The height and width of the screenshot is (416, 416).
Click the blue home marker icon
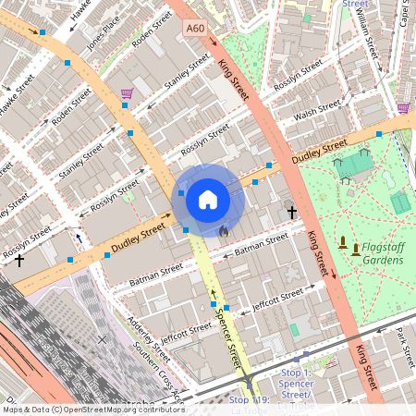[208, 199]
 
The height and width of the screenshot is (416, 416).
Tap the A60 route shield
[194, 30]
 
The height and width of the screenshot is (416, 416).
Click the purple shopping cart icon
[126, 93]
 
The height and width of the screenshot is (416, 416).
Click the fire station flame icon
[222, 228]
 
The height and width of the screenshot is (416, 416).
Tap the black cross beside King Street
[291, 213]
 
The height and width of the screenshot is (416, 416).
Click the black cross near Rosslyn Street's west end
[19, 261]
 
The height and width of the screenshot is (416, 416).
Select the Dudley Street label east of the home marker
[319, 152]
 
